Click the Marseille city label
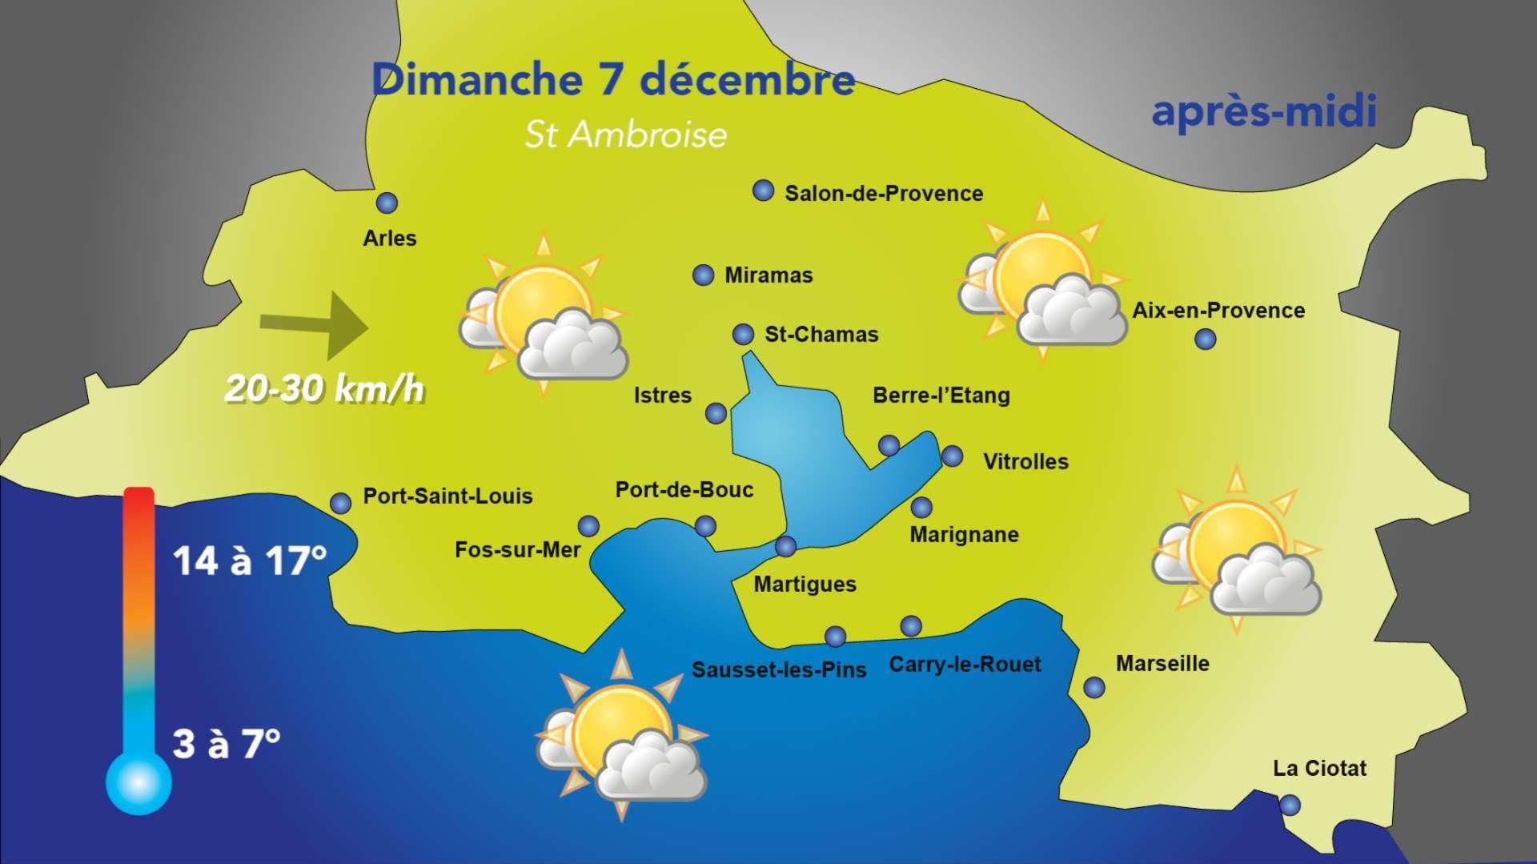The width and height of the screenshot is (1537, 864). click(x=1162, y=663)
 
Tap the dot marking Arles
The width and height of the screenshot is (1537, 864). click(x=387, y=203)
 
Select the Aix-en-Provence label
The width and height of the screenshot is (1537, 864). click(x=1218, y=311)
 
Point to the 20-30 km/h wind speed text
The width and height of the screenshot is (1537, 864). click(x=324, y=390)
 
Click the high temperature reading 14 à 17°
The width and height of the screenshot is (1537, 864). click(x=250, y=561)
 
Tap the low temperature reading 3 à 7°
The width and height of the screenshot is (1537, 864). click(x=227, y=744)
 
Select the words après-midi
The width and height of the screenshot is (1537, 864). click(x=1263, y=111)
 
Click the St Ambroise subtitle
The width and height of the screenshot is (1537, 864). click(x=625, y=135)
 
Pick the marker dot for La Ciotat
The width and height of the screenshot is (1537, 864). click(x=1290, y=805)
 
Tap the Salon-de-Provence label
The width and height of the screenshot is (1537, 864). click(x=884, y=194)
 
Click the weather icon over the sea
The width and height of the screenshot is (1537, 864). click(x=622, y=737)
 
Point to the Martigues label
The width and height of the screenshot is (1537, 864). click(x=805, y=585)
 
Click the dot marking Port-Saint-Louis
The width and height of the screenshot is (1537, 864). click(x=341, y=503)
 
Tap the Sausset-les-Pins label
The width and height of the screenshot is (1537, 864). click(x=779, y=669)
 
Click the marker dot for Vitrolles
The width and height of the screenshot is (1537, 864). click(x=952, y=456)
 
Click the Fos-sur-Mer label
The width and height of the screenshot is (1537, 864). click(x=517, y=550)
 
